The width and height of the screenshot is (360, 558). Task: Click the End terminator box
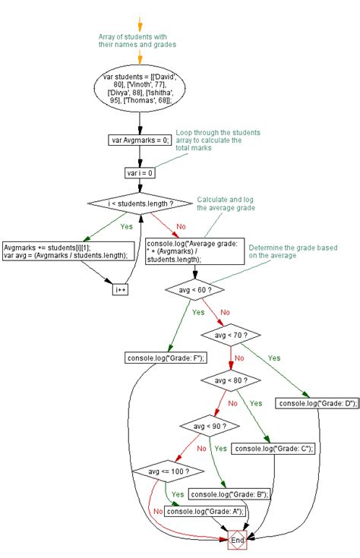[x=238, y=540]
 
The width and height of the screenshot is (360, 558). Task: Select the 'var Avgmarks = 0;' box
[x=140, y=140]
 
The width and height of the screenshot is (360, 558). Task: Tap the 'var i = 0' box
[x=140, y=173]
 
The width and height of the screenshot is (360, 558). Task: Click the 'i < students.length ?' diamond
[x=141, y=203]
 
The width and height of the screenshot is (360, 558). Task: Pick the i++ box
[x=120, y=290]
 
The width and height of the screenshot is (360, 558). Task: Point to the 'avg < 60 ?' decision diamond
[x=194, y=290]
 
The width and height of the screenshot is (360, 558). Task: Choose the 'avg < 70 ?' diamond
[x=231, y=335]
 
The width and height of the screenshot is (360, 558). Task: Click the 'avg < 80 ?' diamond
[x=231, y=380]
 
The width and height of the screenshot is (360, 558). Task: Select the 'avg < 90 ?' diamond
[x=210, y=426]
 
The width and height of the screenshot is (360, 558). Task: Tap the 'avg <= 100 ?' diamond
[x=169, y=471]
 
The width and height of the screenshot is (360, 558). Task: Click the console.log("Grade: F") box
[x=166, y=358]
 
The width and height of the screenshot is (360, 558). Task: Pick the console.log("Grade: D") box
[x=317, y=403]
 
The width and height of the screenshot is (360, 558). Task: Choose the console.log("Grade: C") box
[x=273, y=449]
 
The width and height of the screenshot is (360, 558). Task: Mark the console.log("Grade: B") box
[x=229, y=494]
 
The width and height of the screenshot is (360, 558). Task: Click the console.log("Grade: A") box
[x=205, y=512]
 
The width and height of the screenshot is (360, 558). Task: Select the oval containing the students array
[x=140, y=88]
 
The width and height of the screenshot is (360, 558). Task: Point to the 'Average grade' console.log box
[x=195, y=251]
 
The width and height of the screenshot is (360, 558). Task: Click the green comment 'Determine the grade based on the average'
[x=293, y=251]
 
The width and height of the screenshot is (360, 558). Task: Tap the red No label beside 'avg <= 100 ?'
[x=158, y=512]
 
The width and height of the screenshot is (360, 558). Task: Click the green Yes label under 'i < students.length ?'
[x=126, y=226]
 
